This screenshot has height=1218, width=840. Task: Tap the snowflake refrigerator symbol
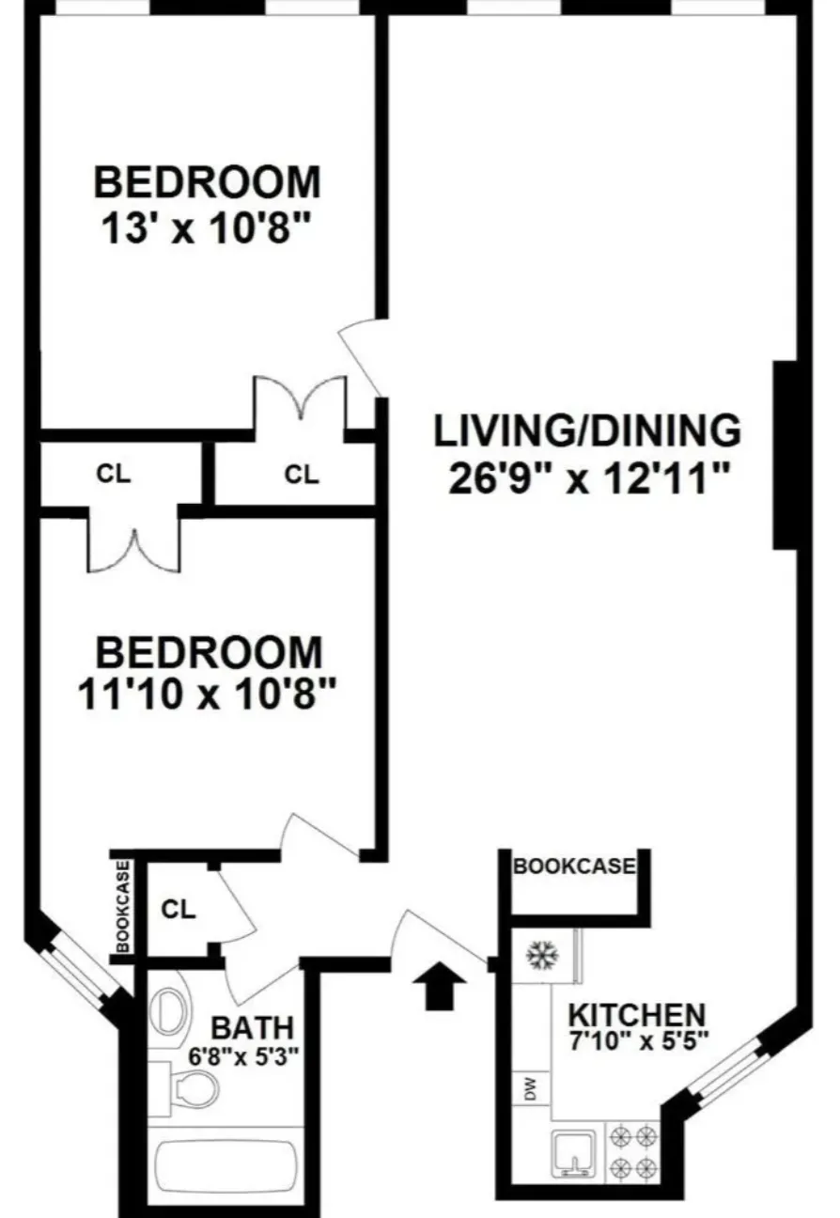542,956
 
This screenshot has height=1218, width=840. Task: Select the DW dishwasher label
530,1091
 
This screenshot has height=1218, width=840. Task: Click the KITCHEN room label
638,1015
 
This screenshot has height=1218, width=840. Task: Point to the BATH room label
251,1026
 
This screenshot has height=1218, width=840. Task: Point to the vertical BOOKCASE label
122,907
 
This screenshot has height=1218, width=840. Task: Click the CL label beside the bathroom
178,910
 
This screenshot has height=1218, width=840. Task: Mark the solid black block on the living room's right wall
786,456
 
